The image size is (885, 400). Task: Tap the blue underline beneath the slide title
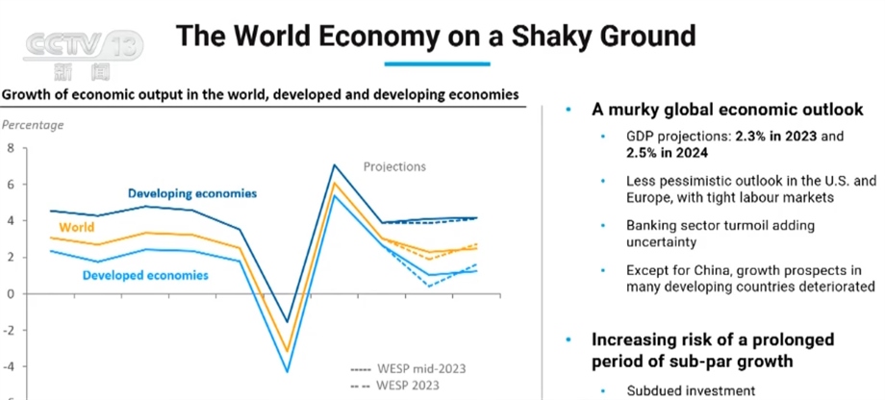coord(437,63)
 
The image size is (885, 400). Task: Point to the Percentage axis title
coord(33,124)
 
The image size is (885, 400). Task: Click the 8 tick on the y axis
coord(12,148)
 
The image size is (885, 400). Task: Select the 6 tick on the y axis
coord(12,185)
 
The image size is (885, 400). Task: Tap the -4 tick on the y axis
coord(10,366)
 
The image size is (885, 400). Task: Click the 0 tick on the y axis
coord(12,293)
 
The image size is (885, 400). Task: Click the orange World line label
coord(77,228)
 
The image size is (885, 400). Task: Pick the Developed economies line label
coord(144,276)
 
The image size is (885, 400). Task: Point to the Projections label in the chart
coord(394,166)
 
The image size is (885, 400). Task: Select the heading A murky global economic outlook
coord(726,110)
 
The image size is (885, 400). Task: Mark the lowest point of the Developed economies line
coord(287,370)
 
